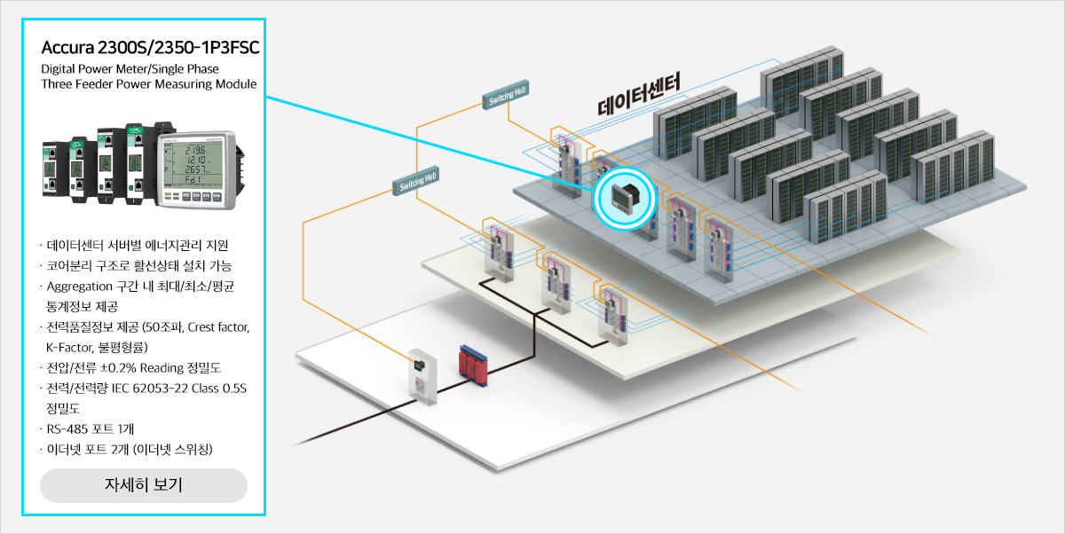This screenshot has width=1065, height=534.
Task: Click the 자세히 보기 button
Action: point(144,485)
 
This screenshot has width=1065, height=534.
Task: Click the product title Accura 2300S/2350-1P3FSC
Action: point(150,48)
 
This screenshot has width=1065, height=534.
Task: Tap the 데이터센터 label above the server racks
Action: point(639,94)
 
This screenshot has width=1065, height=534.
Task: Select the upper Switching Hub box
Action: point(505,95)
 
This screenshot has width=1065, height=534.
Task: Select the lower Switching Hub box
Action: point(416,181)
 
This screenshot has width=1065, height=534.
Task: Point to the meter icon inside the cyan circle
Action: point(625,198)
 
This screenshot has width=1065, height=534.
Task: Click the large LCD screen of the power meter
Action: point(193,164)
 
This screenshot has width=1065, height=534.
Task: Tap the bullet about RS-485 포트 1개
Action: point(91,429)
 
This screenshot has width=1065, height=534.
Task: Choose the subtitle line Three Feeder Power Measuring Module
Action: point(149,84)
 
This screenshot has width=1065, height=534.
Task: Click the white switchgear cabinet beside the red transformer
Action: point(422,377)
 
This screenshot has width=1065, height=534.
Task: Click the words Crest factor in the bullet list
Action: point(218,326)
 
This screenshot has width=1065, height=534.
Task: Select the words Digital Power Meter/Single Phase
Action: point(130,69)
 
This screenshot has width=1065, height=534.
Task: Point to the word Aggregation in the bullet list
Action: point(79,287)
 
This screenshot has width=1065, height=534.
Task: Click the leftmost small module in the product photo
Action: point(50,168)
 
